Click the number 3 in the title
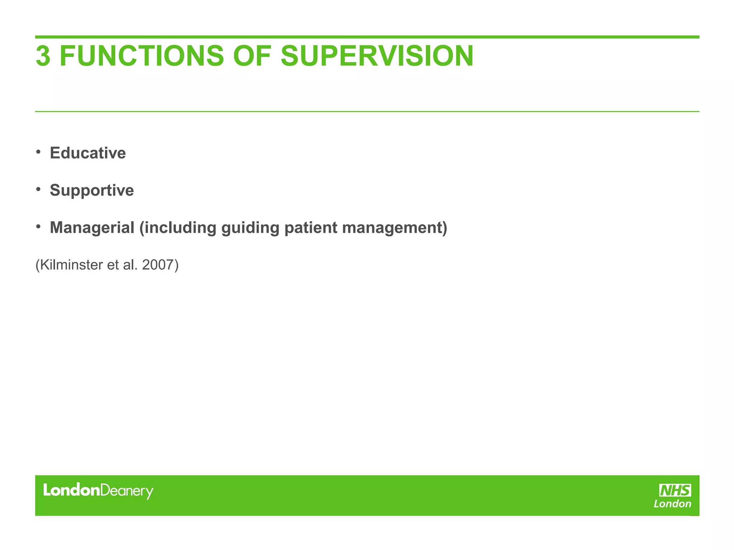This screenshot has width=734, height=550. point(43,56)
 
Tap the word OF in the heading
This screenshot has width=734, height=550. point(252,56)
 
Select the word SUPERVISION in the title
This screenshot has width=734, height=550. point(377,56)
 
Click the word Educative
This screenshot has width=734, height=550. point(88,153)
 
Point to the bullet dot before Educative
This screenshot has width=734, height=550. point(38,152)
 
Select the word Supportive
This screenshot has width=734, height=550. point(92,190)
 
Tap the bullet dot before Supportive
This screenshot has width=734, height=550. point(38,189)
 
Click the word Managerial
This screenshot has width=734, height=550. point(92,227)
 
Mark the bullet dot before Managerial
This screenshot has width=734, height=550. point(38,226)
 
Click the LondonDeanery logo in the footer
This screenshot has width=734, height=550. point(98,491)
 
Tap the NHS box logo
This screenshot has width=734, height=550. point(675,490)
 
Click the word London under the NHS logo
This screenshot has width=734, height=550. point(672,504)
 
